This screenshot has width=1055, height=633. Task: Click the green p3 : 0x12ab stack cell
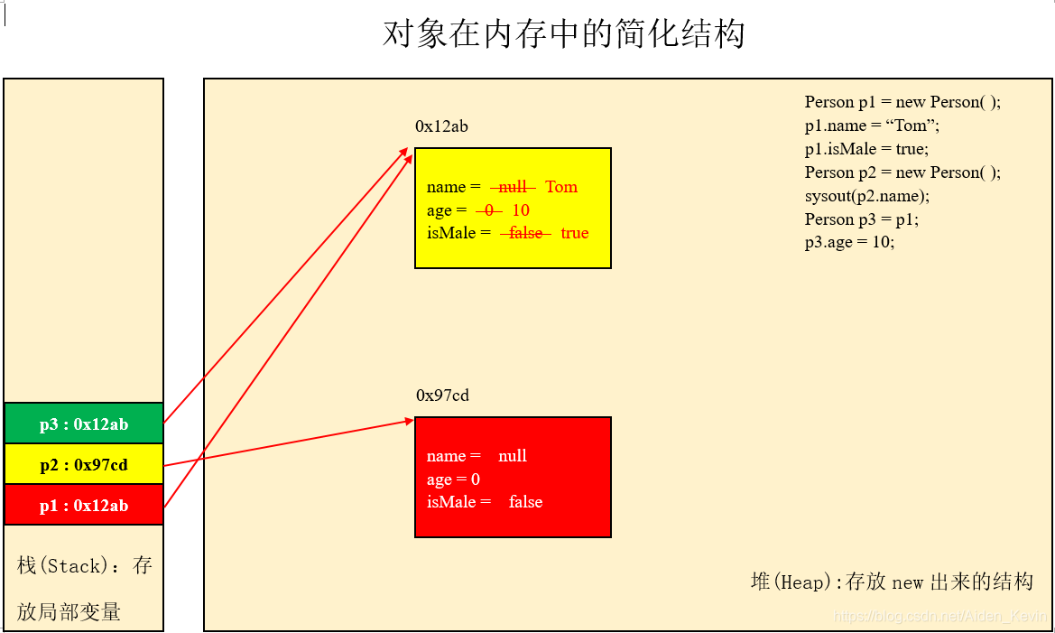84,424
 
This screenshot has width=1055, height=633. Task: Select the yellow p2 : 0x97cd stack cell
84,465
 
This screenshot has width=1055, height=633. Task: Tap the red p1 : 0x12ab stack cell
84,506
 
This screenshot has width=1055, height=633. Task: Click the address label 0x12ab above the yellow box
441,126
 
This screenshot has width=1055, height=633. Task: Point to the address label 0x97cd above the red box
442,396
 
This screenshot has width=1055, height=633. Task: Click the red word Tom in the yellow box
561,187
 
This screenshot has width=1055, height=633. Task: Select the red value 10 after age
521,210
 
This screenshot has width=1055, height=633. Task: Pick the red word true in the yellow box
575,233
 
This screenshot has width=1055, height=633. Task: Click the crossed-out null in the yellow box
513,187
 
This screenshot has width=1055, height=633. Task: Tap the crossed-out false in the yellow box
525,233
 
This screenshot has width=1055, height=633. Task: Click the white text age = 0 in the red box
453,479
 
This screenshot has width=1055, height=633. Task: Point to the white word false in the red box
525,502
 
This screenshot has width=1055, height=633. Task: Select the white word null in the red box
513,456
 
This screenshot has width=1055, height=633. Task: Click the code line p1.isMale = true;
866,149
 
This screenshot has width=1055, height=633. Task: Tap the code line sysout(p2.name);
867,196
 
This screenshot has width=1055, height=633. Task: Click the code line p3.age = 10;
849,242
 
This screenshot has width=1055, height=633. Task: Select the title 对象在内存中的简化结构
563,34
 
